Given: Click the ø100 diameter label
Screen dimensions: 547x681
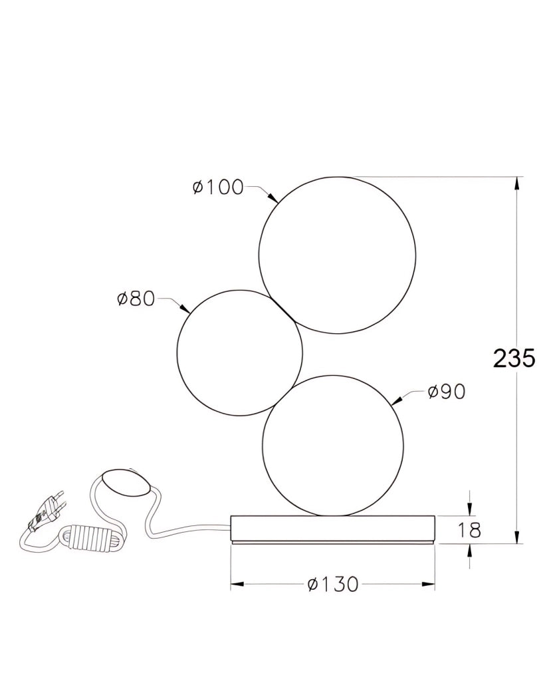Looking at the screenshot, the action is [218, 188].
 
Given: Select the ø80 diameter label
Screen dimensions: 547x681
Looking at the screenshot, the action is [136, 299].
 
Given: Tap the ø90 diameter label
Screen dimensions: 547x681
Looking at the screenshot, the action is [446, 392].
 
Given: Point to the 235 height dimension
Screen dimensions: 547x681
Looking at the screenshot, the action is [514, 358].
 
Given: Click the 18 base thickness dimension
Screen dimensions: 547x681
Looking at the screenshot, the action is [469, 530].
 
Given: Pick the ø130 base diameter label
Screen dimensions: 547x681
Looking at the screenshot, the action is [333, 585].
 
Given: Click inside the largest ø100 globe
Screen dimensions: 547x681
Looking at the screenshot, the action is [338, 255].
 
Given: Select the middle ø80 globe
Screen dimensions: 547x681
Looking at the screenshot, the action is [240, 352].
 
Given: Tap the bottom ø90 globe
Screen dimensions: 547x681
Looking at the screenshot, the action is [333, 446].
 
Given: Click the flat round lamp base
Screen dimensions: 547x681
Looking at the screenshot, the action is [332, 529].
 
